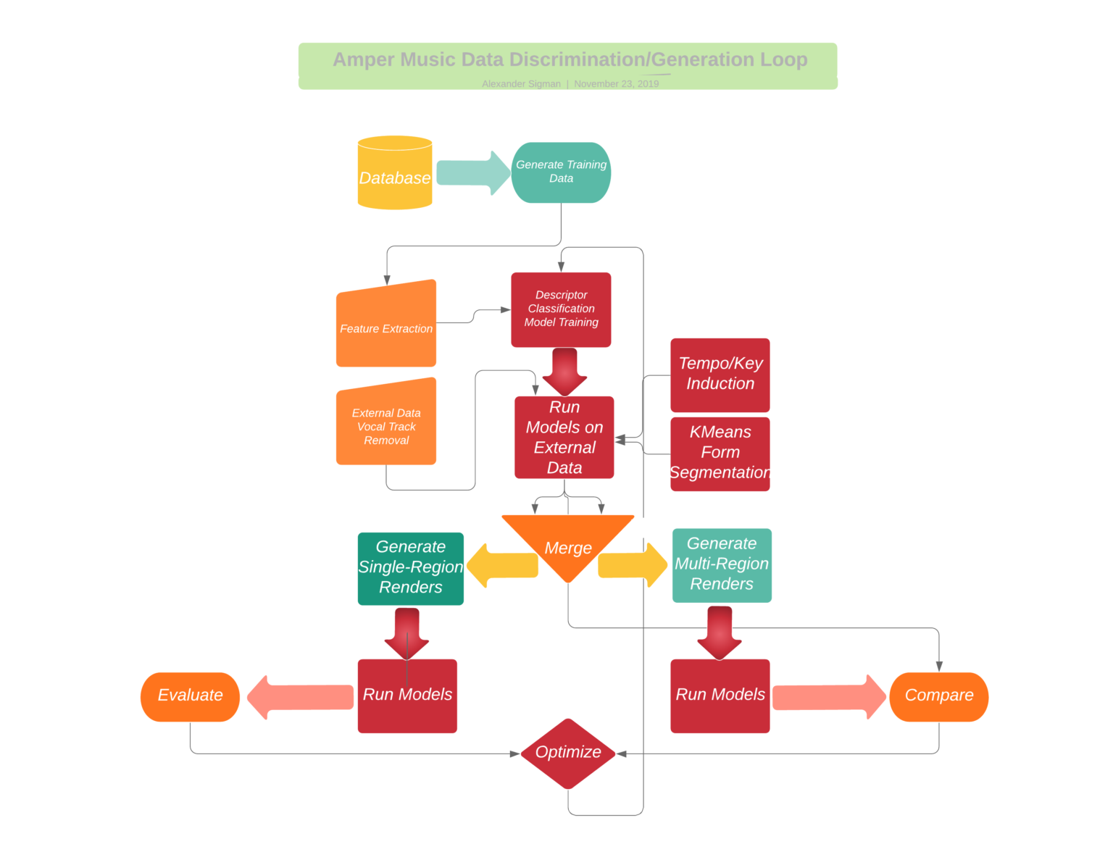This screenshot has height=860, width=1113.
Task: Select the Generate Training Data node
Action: pos(561,172)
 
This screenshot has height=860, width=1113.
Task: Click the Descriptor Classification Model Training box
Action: pos(561,309)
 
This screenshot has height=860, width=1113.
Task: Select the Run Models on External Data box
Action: pos(564,438)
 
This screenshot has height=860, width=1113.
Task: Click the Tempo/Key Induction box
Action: pos(720,375)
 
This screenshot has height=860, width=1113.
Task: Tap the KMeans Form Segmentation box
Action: pos(720,454)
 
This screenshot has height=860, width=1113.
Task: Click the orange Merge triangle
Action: pos(568,543)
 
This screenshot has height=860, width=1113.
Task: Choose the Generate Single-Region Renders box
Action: pos(410,568)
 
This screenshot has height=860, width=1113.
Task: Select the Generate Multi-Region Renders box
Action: pos(722,565)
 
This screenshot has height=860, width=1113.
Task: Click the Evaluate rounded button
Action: pos(190,696)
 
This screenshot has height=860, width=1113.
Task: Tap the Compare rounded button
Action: pos(938,696)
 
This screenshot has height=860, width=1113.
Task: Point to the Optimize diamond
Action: pos(568,753)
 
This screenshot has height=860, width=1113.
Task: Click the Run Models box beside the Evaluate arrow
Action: pos(407,696)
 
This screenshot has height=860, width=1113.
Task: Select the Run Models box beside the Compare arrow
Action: pos(720,696)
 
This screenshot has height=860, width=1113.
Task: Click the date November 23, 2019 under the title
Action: pos(616,84)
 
